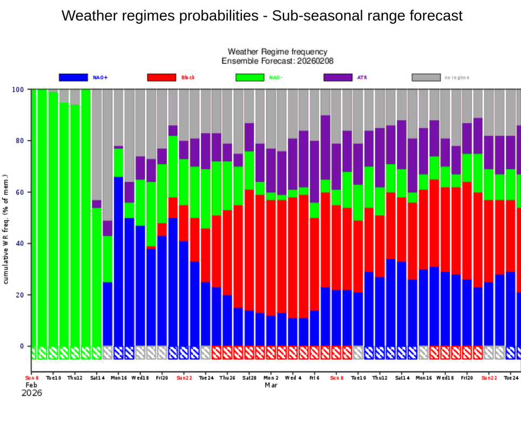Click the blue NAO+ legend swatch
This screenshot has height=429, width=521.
click(x=73, y=77)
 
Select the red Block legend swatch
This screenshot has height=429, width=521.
click(x=161, y=77)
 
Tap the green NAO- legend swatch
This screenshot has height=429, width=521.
click(x=249, y=77)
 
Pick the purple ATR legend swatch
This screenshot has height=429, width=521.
click(x=338, y=77)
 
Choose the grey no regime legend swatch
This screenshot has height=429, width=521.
click(x=426, y=77)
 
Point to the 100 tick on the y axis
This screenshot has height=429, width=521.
click(x=18, y=89)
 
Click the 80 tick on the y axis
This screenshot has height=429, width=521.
click(x=20, y=140)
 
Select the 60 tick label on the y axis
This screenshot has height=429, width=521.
click(x=20, y=192)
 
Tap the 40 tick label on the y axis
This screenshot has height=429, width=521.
click(x=20, y=244)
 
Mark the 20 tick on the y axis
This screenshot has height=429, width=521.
click(x=20, y=295)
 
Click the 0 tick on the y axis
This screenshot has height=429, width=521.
click(x=22, y=346)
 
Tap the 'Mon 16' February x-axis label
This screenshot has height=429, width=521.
click(x=119, y=378)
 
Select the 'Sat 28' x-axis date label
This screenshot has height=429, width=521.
click(x=249, y=378)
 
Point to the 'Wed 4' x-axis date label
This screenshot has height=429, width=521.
click(x=293, y=378)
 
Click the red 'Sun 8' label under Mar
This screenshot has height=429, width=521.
click(x=336, y=378)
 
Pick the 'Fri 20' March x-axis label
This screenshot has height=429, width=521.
click(x=467, y=378)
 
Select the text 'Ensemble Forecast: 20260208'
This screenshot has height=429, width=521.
click(x=278, y=61)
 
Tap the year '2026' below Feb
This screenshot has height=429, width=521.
click(x=31, y=393)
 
